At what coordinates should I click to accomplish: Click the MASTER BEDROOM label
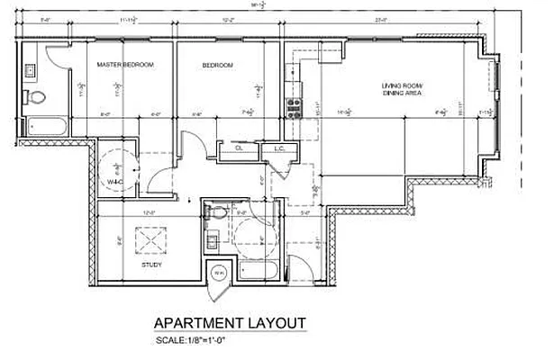125,65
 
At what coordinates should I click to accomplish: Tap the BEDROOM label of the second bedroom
217,65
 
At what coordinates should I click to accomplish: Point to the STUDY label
151,266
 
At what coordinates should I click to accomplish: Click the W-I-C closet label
114,183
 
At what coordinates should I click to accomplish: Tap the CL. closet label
240,148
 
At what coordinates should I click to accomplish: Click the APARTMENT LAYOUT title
230,323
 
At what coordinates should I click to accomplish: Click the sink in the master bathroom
30,68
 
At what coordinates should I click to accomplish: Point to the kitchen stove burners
293,108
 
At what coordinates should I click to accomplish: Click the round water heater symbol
217,273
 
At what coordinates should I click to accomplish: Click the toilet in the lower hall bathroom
215,214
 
